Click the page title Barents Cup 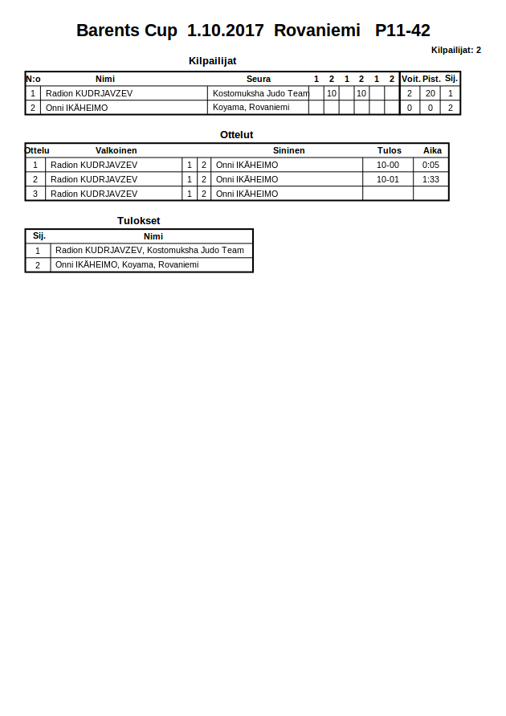coord(127,31)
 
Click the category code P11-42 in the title coord(402,31)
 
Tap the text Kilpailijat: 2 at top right coord(455,50)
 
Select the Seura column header coord(259,79)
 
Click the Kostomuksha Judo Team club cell coord(260,93)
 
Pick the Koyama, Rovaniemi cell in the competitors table coord(251,107)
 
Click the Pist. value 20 coord(431,93)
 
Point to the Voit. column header coord(410,79)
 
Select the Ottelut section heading coord(236,134)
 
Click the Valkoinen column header coord(116,150)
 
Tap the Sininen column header coord(288,150)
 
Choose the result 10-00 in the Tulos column coord(387,165)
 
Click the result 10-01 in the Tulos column coord(387,179)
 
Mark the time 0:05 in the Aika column coord(431,165)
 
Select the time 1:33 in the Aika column coord(431,179)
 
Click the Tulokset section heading coord(138,220)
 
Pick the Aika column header coord(432,150)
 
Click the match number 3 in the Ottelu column coord(35,194)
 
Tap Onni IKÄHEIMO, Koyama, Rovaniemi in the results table coord(126,264)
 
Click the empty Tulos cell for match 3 coord(387,194)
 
